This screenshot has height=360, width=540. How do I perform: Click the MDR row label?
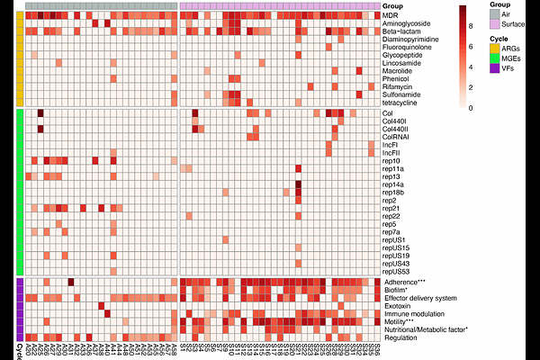391,16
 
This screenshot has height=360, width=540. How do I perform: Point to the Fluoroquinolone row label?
408,48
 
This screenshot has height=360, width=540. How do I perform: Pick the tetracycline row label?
401,102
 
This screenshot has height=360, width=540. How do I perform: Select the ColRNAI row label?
397,136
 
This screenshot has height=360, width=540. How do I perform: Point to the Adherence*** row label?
404,283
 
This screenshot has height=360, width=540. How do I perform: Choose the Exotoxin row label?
398,306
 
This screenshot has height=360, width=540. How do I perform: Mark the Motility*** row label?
400,322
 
